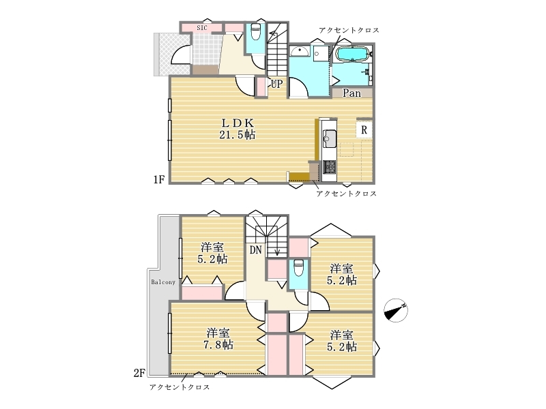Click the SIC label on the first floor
201,28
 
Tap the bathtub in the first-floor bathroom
352,54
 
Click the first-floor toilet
255,31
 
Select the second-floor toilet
299,268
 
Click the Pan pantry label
351,93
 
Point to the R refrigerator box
364,130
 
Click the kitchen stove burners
329,167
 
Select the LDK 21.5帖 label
237,129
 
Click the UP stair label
277,84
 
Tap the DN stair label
255,249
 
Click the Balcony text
163,282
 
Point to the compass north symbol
396,310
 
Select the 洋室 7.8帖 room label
218,339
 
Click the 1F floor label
159,179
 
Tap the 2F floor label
139,373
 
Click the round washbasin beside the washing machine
299,52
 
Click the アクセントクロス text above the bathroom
349,30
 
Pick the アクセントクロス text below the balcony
179,387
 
